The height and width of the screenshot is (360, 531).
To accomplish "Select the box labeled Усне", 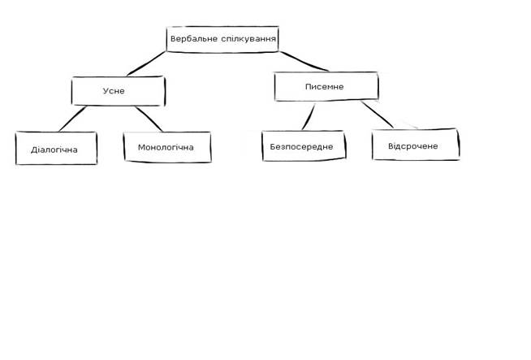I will pos(118,91).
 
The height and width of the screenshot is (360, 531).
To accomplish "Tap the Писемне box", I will pos(326,86).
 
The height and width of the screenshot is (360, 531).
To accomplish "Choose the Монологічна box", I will pos(166,148).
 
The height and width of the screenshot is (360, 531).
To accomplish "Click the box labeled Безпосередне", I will pos(302,146).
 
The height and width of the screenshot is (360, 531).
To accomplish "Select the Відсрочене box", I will pos(415,145).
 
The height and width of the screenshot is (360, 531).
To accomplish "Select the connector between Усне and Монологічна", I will pos(148,119).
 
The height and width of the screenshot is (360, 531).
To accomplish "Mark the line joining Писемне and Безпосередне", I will pos(306,116).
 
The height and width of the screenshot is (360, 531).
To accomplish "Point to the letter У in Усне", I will pos(106,91).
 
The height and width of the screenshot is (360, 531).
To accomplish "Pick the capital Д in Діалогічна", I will pos(34,150).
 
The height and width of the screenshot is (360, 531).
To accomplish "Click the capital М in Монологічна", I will pos(142,148).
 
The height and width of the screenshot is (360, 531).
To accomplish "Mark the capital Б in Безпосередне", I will pos(274,146).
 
